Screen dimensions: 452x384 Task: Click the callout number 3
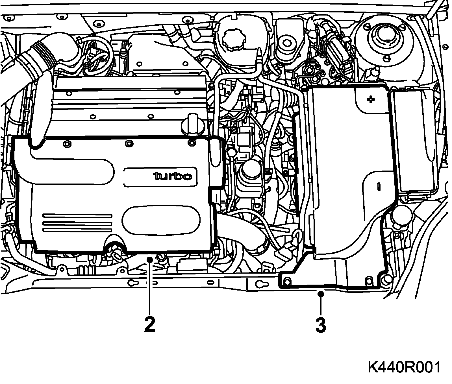click(x=321, y=324)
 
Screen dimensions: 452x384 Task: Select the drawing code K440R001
click(x=404, y=368)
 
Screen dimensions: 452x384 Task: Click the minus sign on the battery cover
click(x=378, y=186)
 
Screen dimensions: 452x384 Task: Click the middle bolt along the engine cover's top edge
click(x=129, y=143)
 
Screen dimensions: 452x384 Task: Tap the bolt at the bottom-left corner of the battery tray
click(x=287, y=282)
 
